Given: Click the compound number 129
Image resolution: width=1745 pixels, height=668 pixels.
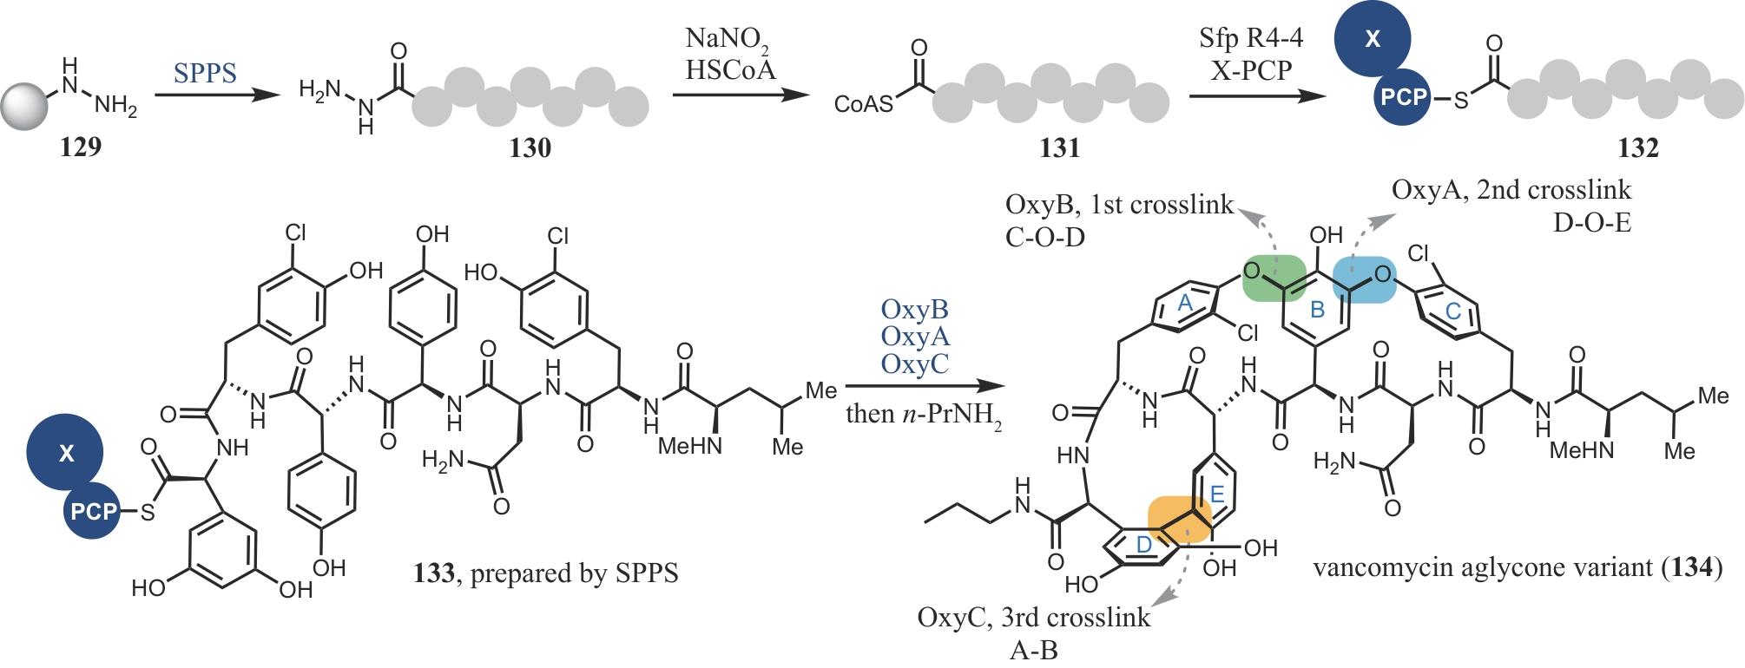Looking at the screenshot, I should tap(81, 147).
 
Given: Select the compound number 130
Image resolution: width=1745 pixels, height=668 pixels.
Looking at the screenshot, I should tap(530, 148).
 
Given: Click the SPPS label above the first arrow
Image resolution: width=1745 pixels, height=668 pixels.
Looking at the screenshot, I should tap(205, 73).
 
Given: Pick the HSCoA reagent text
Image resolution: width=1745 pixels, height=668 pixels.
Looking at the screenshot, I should tap(730, 69).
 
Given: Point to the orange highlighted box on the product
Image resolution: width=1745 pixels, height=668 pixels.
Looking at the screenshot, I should tap(1179, 521).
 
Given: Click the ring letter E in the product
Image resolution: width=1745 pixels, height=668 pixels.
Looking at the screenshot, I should tap(1217, 494).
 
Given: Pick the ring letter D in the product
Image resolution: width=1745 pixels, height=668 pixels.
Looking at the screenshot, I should tap(1143, 544).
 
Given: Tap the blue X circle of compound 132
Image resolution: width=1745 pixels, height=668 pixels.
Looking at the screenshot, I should tap(1373, 41).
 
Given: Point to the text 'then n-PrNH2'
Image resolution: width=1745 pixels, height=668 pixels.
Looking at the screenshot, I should tap(923, 415).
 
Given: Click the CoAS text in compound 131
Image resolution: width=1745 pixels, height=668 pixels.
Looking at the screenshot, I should tap(863, 104).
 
